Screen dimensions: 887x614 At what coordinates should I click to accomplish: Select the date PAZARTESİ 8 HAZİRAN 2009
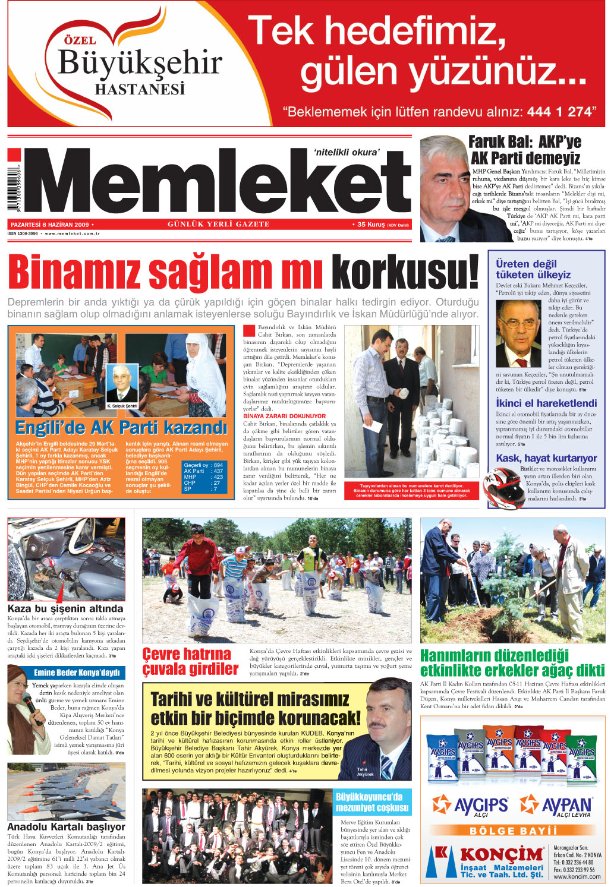coord(50,225)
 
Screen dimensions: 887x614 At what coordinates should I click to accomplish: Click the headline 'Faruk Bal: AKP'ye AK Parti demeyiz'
coord(525,150)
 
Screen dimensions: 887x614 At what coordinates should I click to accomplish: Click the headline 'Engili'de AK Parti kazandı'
coord(121,428)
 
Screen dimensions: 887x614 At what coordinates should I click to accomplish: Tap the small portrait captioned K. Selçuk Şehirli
coord(122,385)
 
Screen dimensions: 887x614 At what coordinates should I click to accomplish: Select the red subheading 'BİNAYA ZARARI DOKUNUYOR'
coord(276,416)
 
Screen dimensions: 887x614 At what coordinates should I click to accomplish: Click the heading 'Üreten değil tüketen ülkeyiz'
coord(533,269)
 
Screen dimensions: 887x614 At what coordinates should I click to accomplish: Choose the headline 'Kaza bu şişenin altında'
coord(65,608)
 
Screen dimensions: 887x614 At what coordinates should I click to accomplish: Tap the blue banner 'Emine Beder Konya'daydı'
coord(77,673)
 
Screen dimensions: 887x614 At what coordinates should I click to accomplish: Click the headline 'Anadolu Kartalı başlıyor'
coord(66,826)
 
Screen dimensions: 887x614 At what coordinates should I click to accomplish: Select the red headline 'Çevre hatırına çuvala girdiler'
coord(190,662)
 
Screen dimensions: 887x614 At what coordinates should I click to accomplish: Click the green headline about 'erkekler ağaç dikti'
coord(512,663)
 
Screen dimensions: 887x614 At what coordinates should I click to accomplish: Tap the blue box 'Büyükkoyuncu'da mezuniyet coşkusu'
coord(372,802)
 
